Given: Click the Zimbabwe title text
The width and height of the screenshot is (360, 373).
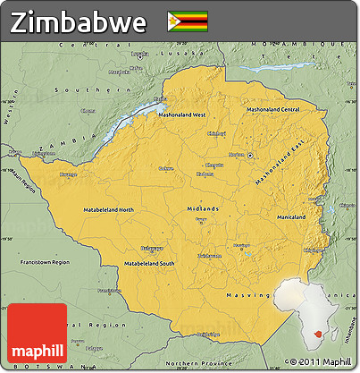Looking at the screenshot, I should pyautogui.click(x=79, y=21).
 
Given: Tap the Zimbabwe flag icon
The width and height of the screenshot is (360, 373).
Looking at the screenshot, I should pyautogui.click(x=187, y=21).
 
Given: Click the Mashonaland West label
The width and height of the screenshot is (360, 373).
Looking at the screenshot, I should pyautogui.click(x=182, y=115).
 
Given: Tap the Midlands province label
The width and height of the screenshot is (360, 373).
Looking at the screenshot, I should pyautogui.click(x=203, y=208).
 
